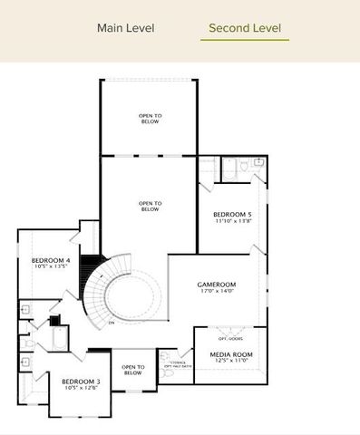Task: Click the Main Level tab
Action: coord(125,28)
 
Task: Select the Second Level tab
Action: coord(244,28)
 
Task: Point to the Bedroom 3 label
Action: coord(81,381)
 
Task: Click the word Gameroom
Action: coord(217,284)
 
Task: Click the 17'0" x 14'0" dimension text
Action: coord(217,292)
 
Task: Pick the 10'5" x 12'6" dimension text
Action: coord(81,388)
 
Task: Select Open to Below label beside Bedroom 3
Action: coord(132,369)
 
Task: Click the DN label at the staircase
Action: coord(111,322)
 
